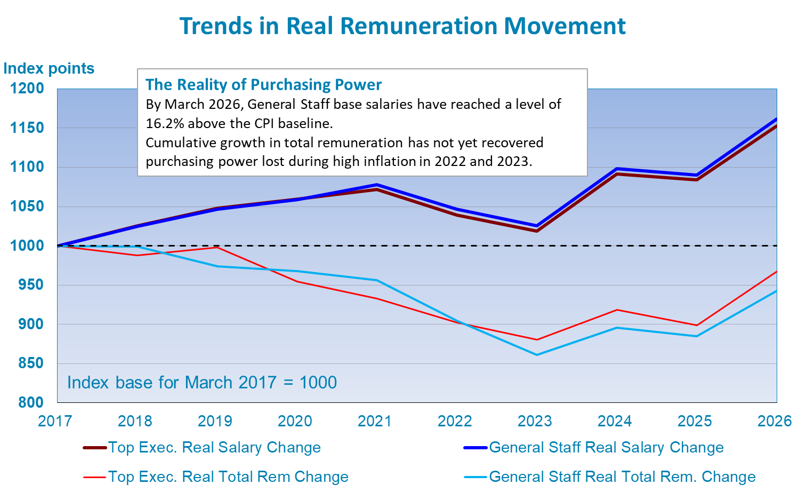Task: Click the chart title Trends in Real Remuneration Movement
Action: point(402,26)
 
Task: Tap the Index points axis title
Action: point(49,69)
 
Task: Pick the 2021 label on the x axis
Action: point(375,421)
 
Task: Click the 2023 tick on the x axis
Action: point(535,421)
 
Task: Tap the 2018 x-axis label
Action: point(135,421)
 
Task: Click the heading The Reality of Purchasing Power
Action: point(264,85)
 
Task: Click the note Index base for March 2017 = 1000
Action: point(202,383)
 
